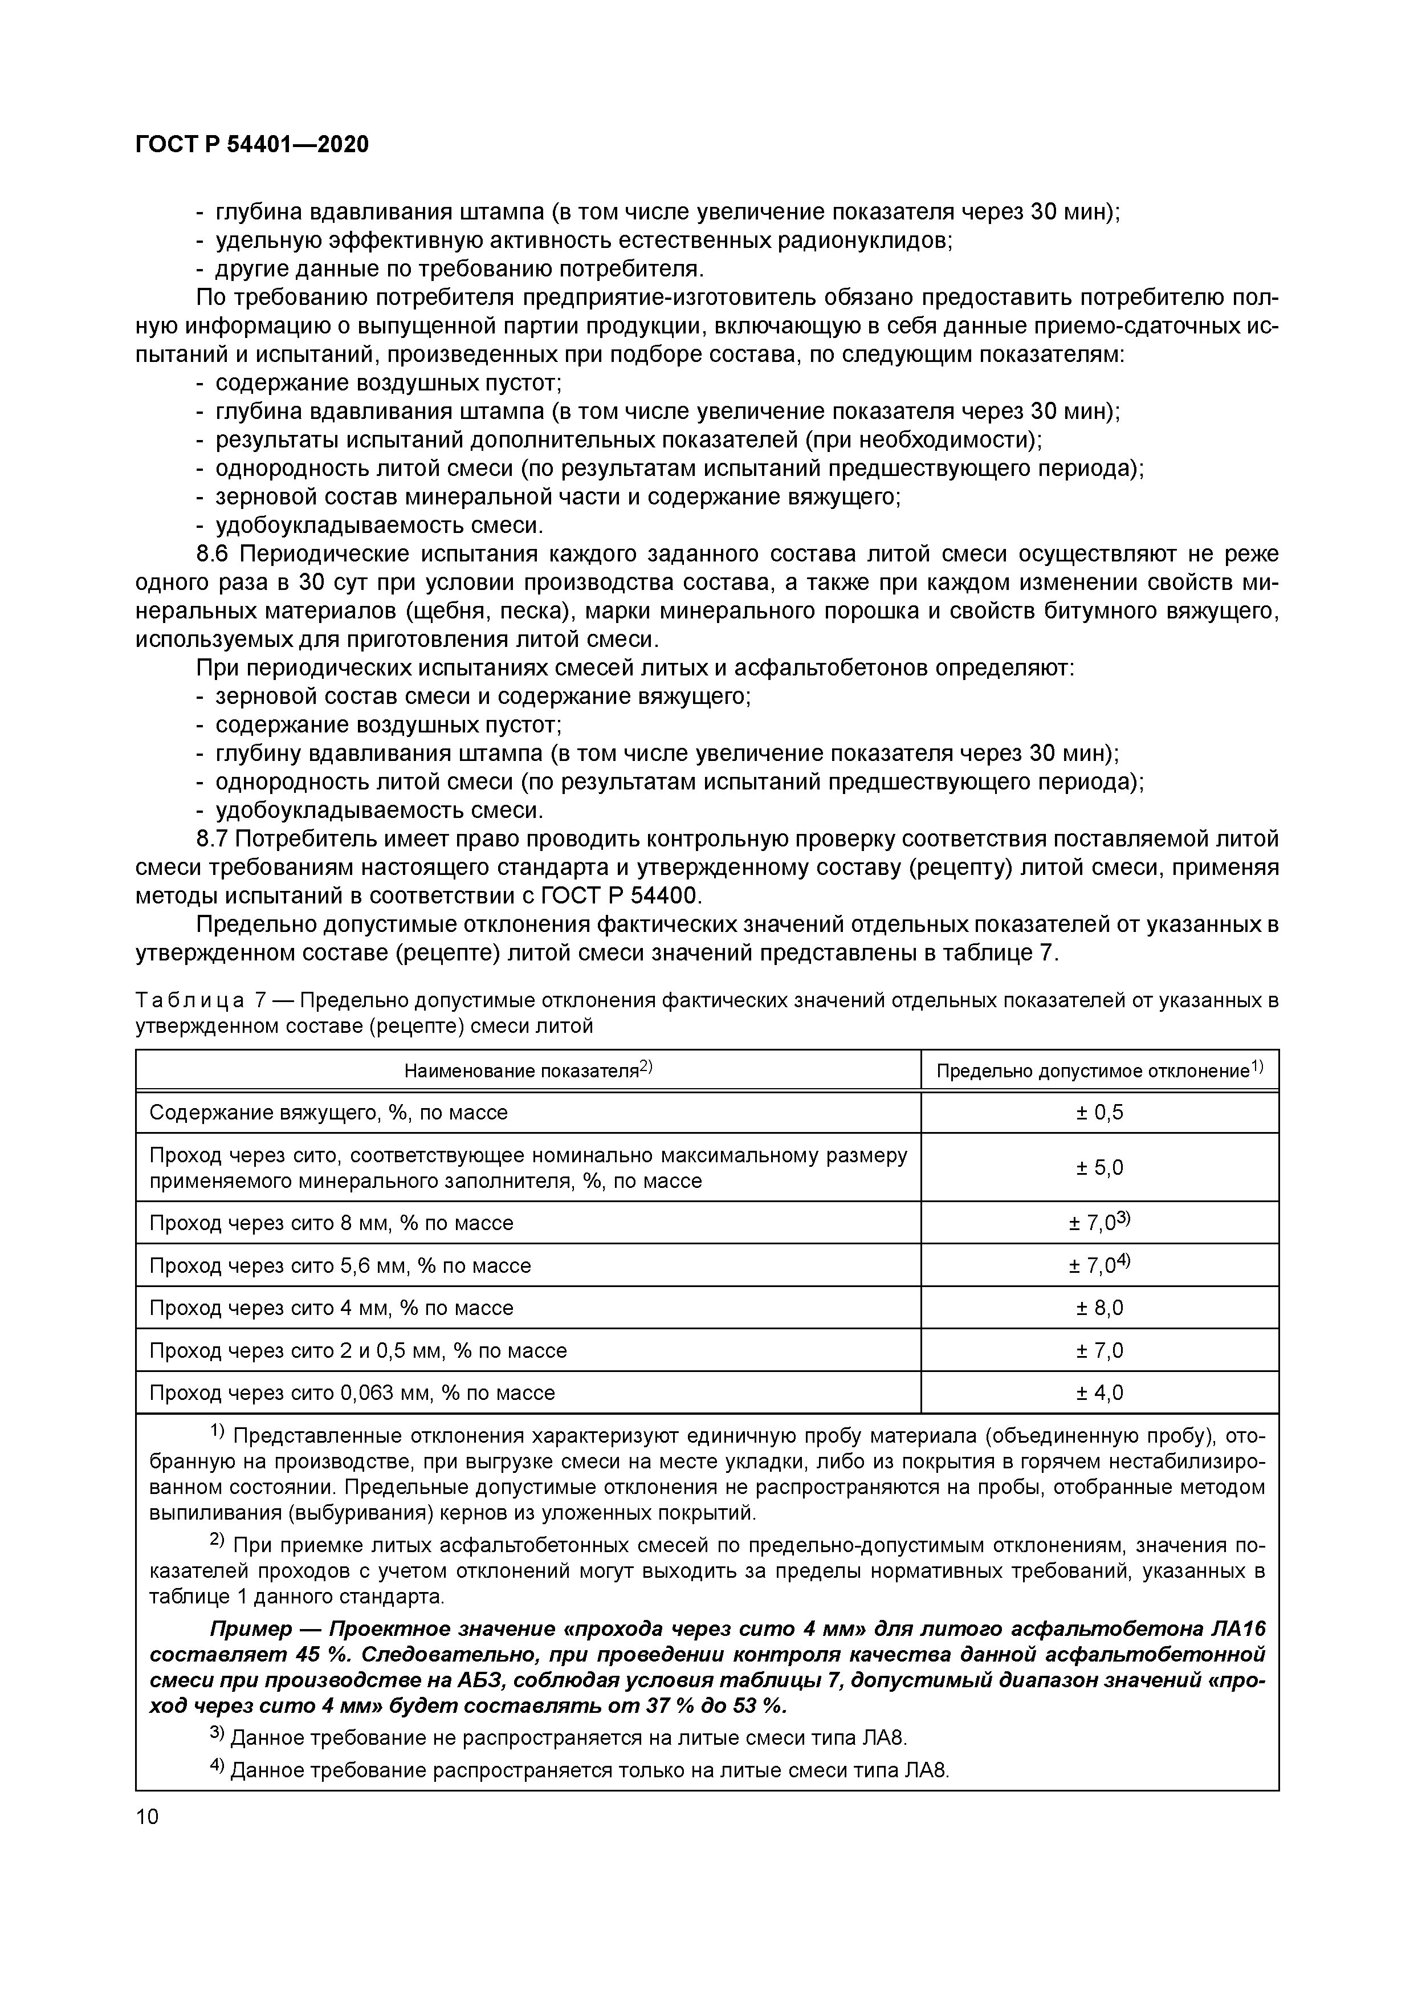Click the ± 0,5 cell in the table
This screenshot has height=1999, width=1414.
1099,1113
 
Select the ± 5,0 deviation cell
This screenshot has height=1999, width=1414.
1099,1167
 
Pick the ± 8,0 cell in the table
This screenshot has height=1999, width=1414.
1099,1308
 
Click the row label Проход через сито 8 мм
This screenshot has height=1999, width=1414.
331,1223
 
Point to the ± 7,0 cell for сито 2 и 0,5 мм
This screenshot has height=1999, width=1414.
1099,1350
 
